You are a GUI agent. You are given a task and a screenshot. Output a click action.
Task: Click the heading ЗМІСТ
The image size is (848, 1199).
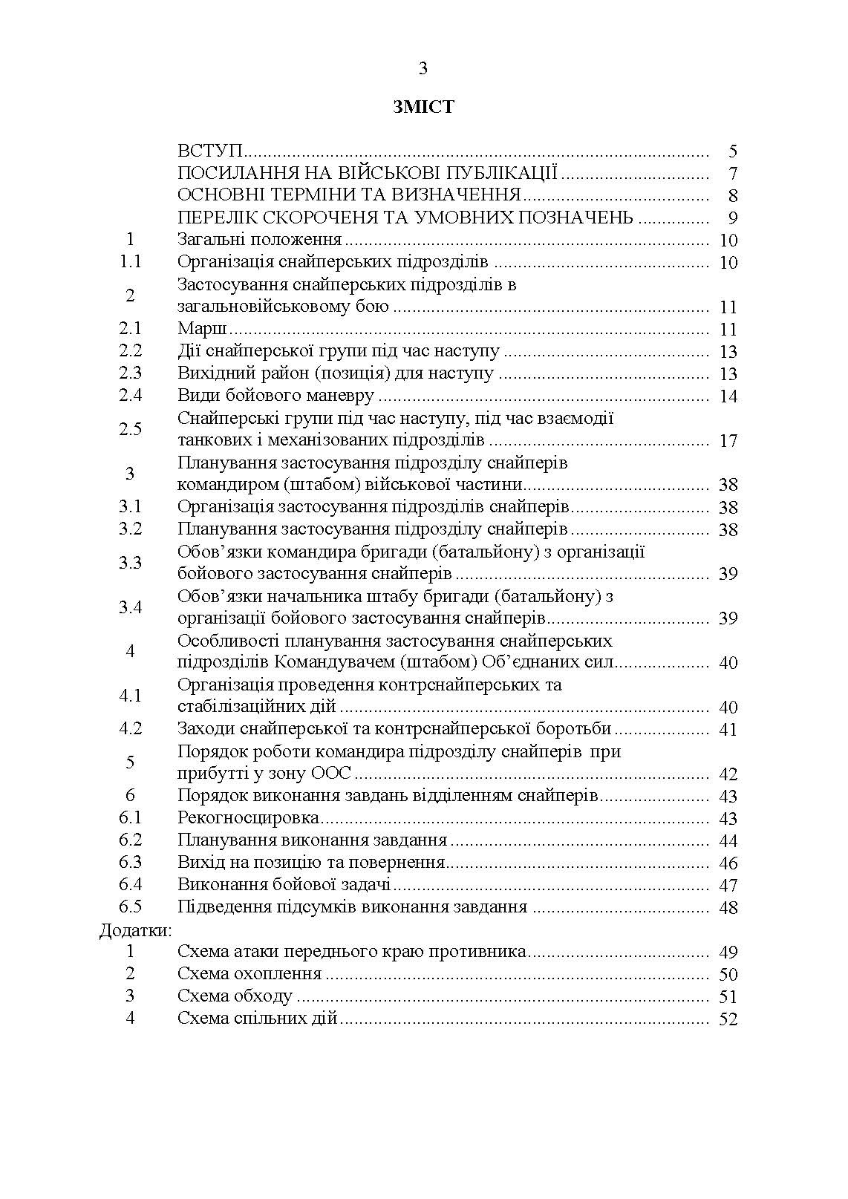click(x=423, y=108)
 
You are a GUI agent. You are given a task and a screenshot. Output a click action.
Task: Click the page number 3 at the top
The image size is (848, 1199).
click(x=423, y=69)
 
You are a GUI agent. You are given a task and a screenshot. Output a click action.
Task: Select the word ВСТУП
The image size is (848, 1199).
click(x=211, y=151)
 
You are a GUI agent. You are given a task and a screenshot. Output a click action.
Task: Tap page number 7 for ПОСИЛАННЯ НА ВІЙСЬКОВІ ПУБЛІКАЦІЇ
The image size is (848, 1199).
click(x=733, y=174)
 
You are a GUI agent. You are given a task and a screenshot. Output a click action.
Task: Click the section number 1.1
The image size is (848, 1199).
click(x=131, y=262)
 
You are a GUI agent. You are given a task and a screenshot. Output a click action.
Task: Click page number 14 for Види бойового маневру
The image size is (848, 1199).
click(x=728, y=396)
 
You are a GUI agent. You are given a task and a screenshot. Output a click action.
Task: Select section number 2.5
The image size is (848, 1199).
click(x=131, y=429)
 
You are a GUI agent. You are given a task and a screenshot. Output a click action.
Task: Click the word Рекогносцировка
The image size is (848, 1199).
click(x=249, y=818)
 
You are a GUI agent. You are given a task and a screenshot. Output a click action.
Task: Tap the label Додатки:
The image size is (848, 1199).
click(x=136, y=930)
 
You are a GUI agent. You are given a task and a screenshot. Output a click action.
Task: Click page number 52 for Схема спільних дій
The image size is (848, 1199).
click(x=728, y=1019)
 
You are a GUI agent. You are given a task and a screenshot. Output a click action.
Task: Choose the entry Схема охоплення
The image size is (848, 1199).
click(x=249, y=974)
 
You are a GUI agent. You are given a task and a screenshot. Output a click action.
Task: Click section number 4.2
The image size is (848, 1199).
click(x=131, y=729)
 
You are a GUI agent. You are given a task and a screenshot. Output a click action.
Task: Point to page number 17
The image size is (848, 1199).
click(x=728, y=441)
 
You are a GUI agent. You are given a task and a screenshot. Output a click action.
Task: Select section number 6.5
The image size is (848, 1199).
click(x=131, y=907)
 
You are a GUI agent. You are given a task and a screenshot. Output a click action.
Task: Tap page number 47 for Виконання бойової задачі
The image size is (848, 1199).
click(x=728, y=886)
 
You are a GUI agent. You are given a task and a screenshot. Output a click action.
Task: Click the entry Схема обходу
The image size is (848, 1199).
click(x=235, y=996)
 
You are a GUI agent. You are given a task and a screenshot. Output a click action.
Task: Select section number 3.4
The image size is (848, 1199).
click(x=131, y=607)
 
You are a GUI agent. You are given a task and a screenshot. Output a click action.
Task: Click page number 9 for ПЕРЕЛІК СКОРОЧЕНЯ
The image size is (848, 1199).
click(x=733, y=218)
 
